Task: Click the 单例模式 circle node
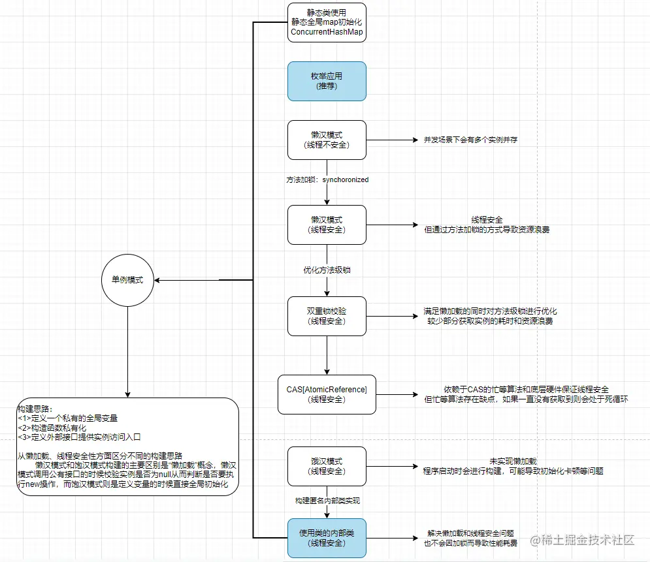pyautogui.click(x=127, y=280)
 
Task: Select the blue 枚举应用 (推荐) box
pyautogui.click(x=327, y=81)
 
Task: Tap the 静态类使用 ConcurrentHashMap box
pyautogui.click(x=327, y=22)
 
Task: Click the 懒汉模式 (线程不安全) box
pyautogui.click(x=327, y=140)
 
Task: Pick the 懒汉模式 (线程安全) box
pyautogui.click(x=327, y=225)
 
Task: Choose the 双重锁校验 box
pyautogui.click(x=327, y=316)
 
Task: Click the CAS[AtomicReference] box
pyautogui.click(x=327, y=394)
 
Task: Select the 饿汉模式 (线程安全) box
pyautogui.click(x=327, y=466)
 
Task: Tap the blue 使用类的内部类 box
pyautogui.click(x=327, y=538)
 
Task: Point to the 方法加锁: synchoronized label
pyautogui.click(x=327, y=180)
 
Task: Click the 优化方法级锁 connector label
pyautogui.click(x=327, y=270)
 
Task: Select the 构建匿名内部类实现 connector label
pyautogui.click(x=327, y=501)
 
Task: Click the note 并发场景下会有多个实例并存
pyautogui.click(x=470, y=140)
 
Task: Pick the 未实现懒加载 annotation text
pyautogui.click(x=513, y=461)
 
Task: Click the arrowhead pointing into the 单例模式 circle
pyautogui.click(x=157, y=280)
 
